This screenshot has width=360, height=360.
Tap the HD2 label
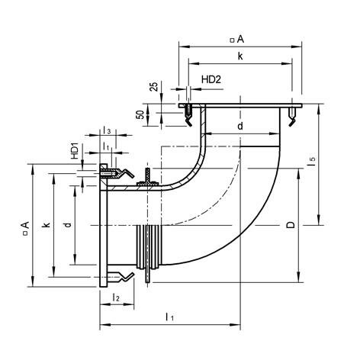click(x=211, y=78)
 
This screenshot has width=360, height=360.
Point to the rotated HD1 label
click(x=76, y=150)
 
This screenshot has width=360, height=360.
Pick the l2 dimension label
click(x=116, y=296)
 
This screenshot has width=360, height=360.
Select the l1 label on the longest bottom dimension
click(x=170, y=316)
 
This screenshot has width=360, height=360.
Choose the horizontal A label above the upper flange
click(x=239, y=38)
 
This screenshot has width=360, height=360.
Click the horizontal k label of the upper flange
click(x=239, y=56)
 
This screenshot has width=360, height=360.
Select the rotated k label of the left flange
click(x=47, y=226)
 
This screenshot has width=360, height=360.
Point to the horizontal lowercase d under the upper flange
click(x=239, y=126)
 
